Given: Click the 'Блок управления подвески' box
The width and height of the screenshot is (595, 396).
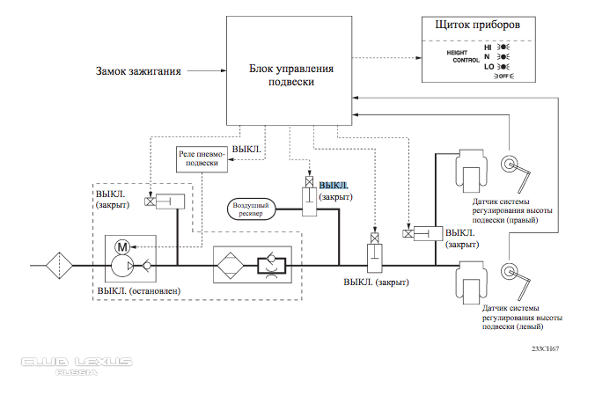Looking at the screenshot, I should pyautogui.click(x=290, y=70).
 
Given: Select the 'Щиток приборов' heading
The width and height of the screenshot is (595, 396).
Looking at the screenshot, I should pyautogui.click(x=476, y=26).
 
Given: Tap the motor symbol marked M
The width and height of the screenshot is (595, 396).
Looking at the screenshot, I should pyautogui.click(x=123, y=245).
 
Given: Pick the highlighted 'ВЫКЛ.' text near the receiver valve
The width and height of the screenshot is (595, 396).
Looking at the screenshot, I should pyautogui.click(x=334, y=187).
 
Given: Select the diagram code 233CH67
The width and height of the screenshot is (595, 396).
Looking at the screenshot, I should pyautogui.click(x=546, y=348).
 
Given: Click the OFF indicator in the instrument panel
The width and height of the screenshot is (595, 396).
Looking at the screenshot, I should pyautogui.click(x=503, y=77).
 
